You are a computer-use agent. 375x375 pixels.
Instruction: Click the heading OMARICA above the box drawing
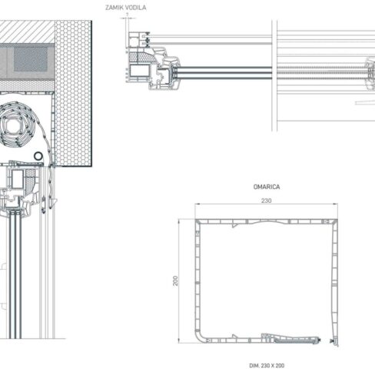265,187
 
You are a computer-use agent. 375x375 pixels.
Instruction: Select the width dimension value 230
266,201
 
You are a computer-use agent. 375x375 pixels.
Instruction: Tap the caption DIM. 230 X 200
265,365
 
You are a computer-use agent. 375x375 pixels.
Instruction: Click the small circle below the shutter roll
38,156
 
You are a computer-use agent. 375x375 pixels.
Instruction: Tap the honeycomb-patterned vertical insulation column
74,92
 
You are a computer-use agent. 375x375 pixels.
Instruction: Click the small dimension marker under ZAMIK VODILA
127,16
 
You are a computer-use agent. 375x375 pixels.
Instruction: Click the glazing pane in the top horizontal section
223,73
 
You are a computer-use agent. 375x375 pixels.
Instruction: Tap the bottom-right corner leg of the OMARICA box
334,338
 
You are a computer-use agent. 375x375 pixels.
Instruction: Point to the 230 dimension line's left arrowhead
197,205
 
